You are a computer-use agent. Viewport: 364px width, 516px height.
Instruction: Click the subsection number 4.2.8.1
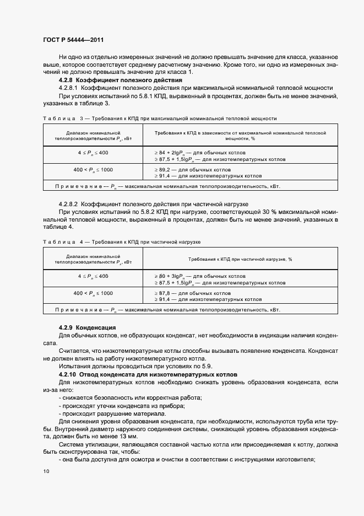pos(69,88)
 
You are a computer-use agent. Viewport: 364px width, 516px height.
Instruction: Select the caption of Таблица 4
pos(122,242)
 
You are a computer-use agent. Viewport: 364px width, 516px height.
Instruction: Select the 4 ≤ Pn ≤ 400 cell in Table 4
pos(93,276)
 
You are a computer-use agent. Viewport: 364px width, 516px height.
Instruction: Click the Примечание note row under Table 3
pos(182,186)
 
